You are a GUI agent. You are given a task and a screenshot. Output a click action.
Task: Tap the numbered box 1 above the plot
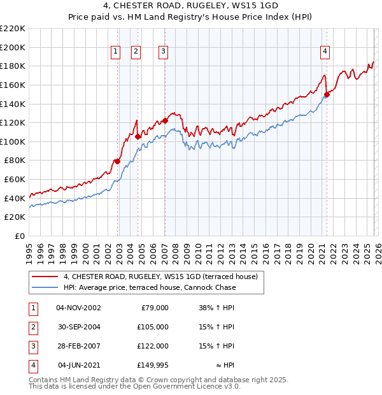(x=116, y=52)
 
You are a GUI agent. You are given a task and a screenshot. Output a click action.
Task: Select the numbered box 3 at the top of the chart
(x=163, y=52)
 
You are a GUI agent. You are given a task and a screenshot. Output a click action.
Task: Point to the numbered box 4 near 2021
(x=325, y=52)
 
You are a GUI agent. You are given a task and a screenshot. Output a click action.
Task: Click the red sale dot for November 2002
(x=117, y=161)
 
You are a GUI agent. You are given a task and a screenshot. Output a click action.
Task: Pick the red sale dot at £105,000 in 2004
(x=138, y=136)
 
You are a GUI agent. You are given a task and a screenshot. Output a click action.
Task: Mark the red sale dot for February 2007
(x=165, y=120)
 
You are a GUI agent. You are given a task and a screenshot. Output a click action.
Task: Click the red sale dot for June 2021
(x=327, y=94)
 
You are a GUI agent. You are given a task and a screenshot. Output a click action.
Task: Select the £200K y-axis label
(x=13, y=47)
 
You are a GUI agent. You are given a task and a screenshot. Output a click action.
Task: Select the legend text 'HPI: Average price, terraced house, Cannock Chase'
(x=150, y=288)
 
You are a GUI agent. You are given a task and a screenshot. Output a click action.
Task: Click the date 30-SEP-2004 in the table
(x=78, y=326)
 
